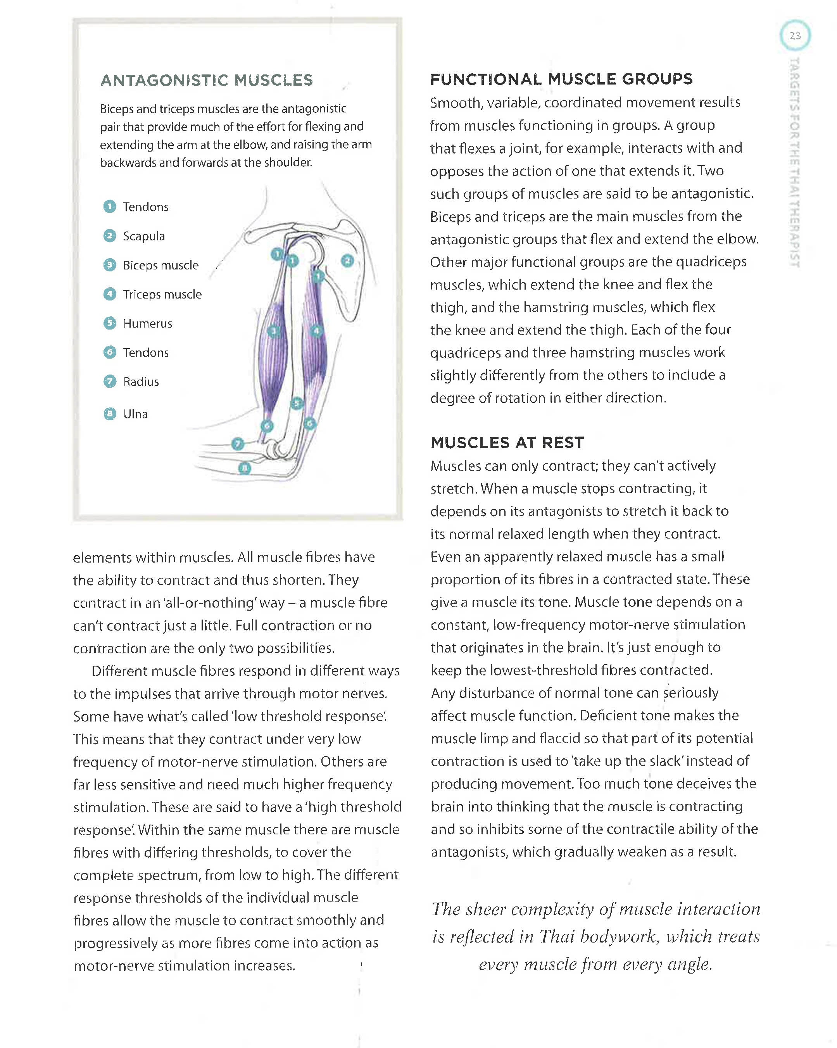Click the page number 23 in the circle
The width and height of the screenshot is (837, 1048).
tap(795, 36)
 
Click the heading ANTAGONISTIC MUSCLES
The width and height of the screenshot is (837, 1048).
tap(207, 80)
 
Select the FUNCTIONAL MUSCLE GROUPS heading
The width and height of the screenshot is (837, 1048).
tap(561, 79)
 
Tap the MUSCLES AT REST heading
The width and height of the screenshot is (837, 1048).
tap(507, 442)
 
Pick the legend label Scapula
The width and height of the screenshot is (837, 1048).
tap(144, 236)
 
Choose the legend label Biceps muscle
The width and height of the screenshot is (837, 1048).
tap(160, 266)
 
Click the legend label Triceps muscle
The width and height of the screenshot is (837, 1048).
tap(162, 295)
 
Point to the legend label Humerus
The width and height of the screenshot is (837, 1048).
tap(147, 324)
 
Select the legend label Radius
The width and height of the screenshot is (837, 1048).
tap(141, 382)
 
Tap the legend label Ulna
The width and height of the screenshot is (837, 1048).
tap(135, 414)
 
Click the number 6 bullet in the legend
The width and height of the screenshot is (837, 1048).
tap(110, 352)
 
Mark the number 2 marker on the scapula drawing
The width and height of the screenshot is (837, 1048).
tap(347, 261)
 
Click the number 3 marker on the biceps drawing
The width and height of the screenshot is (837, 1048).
tap(274, 331)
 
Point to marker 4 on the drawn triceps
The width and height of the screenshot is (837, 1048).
tap(316, 331)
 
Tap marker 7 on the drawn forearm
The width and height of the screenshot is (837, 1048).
tap(237, 444)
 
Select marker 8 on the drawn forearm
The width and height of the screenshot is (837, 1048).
tap(245, 468)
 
